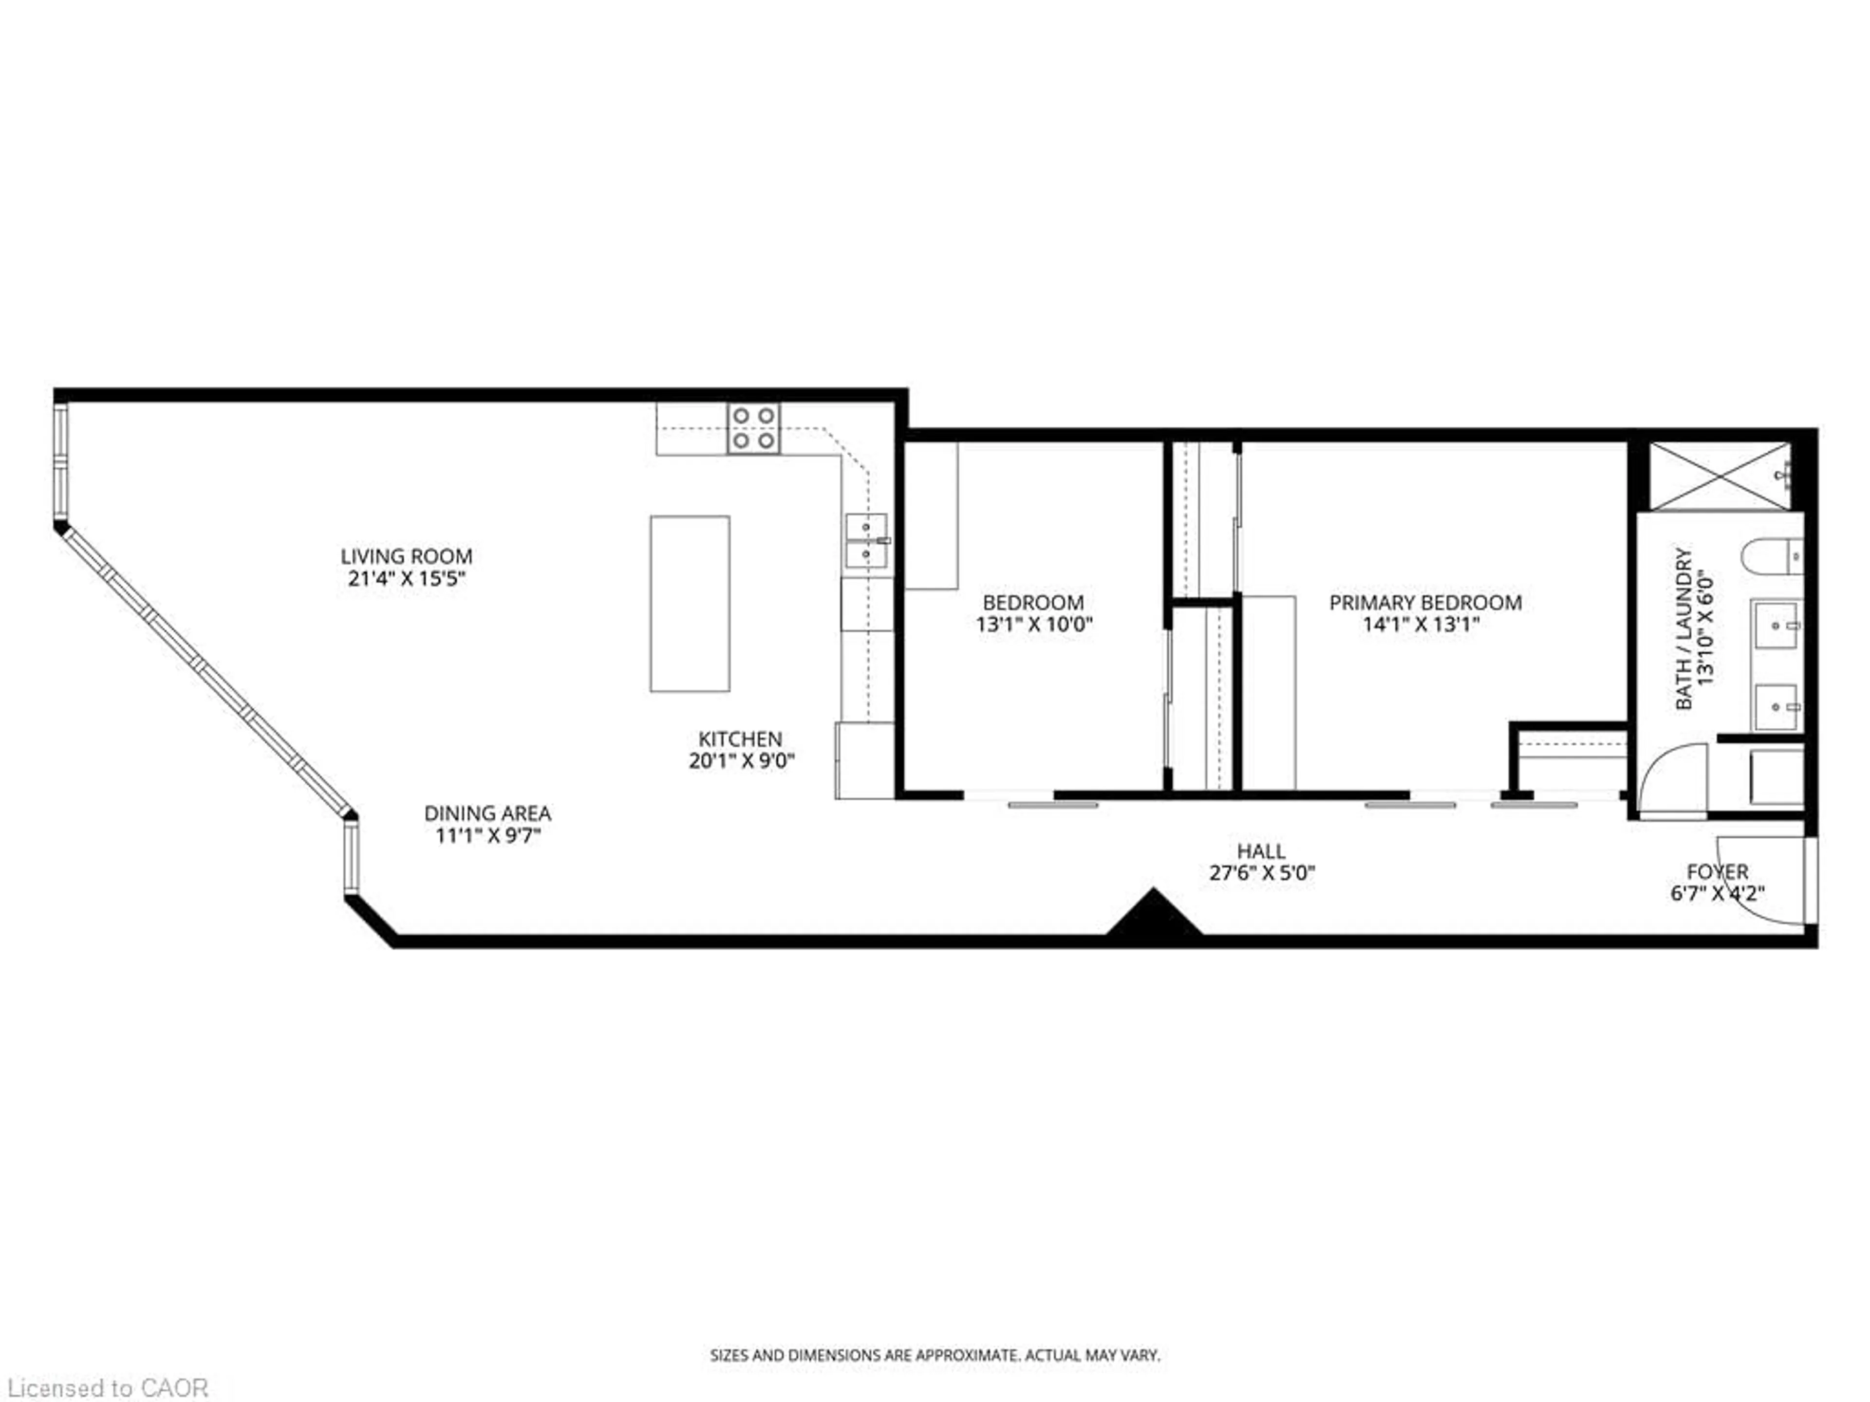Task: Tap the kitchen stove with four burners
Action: tap(753, 428)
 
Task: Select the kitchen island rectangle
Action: tap(690, 603)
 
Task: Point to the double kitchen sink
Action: tap(866, 541)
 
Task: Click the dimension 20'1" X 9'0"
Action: tap(741, 760)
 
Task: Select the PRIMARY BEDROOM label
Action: tap(1425, 603)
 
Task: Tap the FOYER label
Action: tap(1717, 871)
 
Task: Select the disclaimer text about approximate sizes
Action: tap(934, 1355)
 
